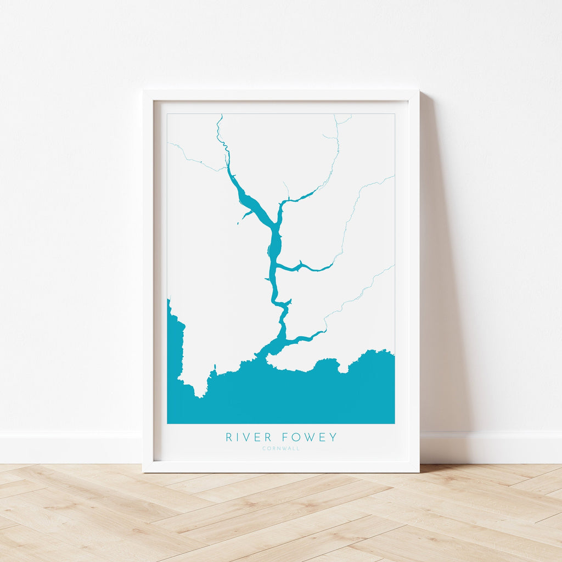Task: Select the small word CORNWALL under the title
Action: tap(281, 449)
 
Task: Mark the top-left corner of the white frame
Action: tap(144, 91)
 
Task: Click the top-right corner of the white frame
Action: tap(418, 91)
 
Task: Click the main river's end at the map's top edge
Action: tap(220, 116)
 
